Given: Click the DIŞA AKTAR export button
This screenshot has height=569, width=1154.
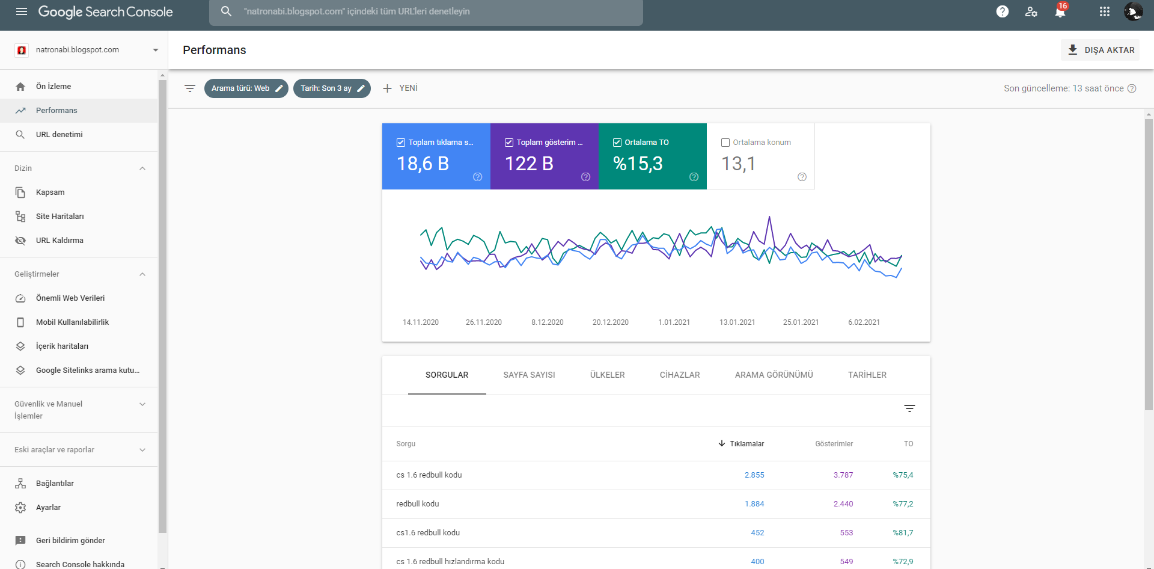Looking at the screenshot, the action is coord(1100,50).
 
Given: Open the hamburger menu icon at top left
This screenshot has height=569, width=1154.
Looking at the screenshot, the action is coord(22,11).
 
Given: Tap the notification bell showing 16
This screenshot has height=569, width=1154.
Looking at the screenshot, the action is coord(1060,11).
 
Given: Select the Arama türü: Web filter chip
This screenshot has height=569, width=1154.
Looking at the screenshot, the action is coord(246,88).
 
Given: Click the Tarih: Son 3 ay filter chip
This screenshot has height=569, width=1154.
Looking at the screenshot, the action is coord(332,88).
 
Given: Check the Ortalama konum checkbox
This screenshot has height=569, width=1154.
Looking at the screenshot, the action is coord(725,143).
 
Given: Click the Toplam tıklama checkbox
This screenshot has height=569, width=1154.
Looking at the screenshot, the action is coord(401,143).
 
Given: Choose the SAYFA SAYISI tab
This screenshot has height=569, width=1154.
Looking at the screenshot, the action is coord(529,375).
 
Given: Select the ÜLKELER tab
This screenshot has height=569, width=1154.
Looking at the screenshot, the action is coord(607,375).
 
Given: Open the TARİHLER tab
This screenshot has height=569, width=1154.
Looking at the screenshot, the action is coord(867,375).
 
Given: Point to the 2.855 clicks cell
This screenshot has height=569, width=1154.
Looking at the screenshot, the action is coord(754,475).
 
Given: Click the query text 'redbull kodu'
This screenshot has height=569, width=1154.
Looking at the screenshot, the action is coord(418,504).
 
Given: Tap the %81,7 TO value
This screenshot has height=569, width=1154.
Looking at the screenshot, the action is coord(903,533).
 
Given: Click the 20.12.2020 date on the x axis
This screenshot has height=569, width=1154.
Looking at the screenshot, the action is coord(611,322).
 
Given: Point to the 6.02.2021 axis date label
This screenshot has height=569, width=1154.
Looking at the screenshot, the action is coord(864,322).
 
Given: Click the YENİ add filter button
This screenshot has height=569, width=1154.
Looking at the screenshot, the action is coord(400,88).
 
